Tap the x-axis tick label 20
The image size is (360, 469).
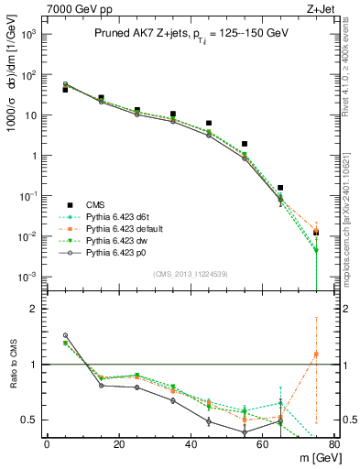point(118,446)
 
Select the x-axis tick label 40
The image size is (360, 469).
point(191,446)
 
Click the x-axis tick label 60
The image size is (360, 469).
point(262,446)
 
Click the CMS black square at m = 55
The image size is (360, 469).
point(245,144)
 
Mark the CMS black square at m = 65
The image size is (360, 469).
point(280,188)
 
